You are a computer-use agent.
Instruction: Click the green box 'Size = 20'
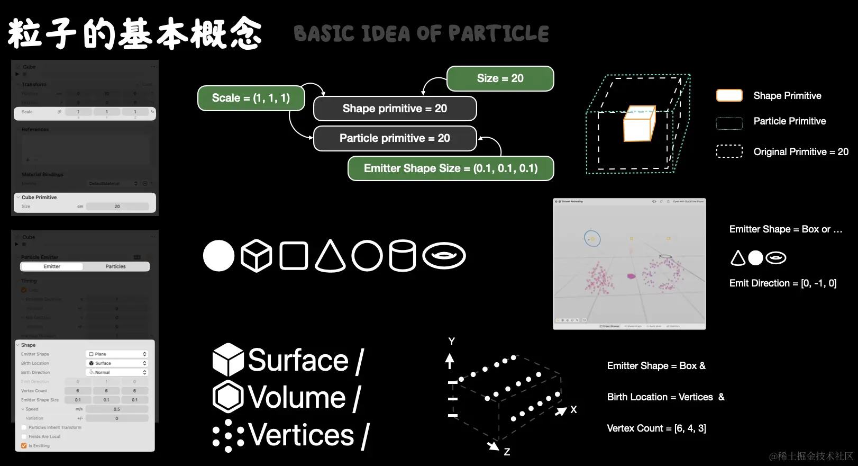pyautogui.click(x=500, y=78)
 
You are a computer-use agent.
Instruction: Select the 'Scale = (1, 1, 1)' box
pyautogui.click(x=251, y=98)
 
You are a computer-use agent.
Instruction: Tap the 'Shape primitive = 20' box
pyautogui.click(x=395, y=109)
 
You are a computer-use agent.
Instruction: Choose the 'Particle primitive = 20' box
pyautogui.click(x=395, y=138)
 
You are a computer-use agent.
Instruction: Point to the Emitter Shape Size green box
pyautogui.click(x=451, y=168)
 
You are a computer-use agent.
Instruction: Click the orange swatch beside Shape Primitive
pyautogui.click(x=729, y=95)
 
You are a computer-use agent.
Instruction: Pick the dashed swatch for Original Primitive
pyautogui.click(x=729, y=151)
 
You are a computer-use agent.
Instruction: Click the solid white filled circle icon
pyautogui.click(x=218, y=256)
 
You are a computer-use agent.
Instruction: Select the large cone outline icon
pyautogui.click(x=330, y=256)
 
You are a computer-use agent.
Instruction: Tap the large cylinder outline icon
pyautogui.click(x=403, y=256)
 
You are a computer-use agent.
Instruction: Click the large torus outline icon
pyautogui.click(x=444, y=256)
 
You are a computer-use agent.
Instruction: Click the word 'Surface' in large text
pyautogui.click(x=298, y=361)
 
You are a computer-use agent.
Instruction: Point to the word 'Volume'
pyautogui.click(x=297, y=397)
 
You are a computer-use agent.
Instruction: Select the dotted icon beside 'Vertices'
pyautogui.click(x=229, y=436)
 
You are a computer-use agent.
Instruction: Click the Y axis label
pyautogui.click(x=451, y=341)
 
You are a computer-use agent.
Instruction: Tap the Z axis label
pyautogui.click(x=507, y=452)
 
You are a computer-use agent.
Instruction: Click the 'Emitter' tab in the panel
pyautogui.click(x=52, y=266)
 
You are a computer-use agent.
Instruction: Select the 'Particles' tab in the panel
pyautogui.click(x=115, y=266)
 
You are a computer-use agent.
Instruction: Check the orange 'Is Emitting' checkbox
pyautogui.click(x=24, y=446)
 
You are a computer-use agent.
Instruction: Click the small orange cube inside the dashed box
pyautogui.click(x=639, y=126)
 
